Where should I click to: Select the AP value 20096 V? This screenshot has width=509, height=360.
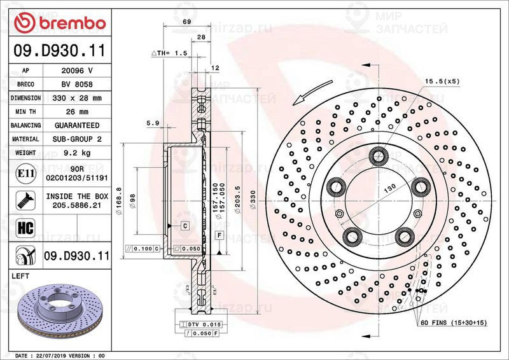click(x=77, y=71)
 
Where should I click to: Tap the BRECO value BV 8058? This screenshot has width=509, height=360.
click(x=77, y=85)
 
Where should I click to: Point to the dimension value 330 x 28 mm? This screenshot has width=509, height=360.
click(x=77, y=99)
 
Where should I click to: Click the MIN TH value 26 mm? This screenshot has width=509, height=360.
click(x=77, y=112)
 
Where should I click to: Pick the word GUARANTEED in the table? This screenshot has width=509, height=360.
click(x=77, y=126)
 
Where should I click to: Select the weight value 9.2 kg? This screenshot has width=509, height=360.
click(x=77, y=153)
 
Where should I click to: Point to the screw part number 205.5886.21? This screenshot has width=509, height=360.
click(x=77, y=205)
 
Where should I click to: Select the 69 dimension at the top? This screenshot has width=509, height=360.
click(x=186, y=22)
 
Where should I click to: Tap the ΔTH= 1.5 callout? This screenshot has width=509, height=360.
click(x=169, y=53)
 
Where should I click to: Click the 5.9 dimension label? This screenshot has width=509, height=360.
click(x=152, y=122)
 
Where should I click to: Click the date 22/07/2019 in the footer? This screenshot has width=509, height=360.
click(x=54, y=354)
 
